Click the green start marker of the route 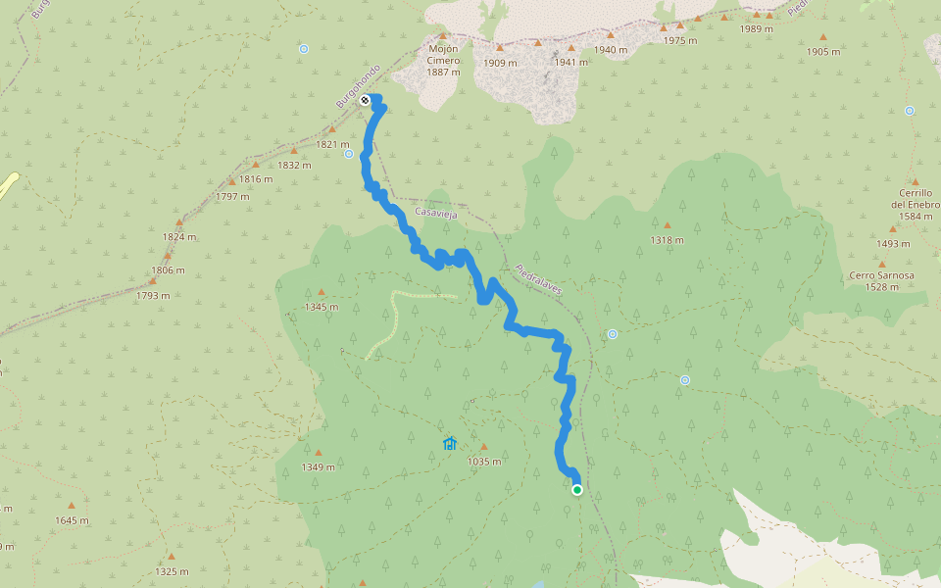pyautogui.click(x=577, y=490)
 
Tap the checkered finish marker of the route pyautogui.click(x=365, y=100)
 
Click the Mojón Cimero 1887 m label pyautogui.click(x=444, y=60)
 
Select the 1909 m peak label pyautogui.click(x=500, y=63)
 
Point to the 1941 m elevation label pyautogui.click(x=570, y=63)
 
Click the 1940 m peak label pyautogui.click(x=610, y=50)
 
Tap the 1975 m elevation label pyautogui.click(x=679, y=40)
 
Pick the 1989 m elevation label pyautogui.click(x=757, y=28)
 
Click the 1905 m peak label pyautogui.click(x=822, y=51)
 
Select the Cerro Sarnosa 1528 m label pyautogui.click(x=882, y=280)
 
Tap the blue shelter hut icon pyautogui.click(x=450, y=444)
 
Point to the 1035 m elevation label pyautogui.click(x=484, y=462)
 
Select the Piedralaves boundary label pyautogui.click(x=540, y=279)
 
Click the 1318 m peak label pyautogui.click(x=667, y=240)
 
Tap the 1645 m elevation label pyautogui.click(x=72, y=519)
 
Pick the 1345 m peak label pyautogui.click(x=321, y=307)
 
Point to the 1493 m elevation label pyautogui.click(x=893, y=244)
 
